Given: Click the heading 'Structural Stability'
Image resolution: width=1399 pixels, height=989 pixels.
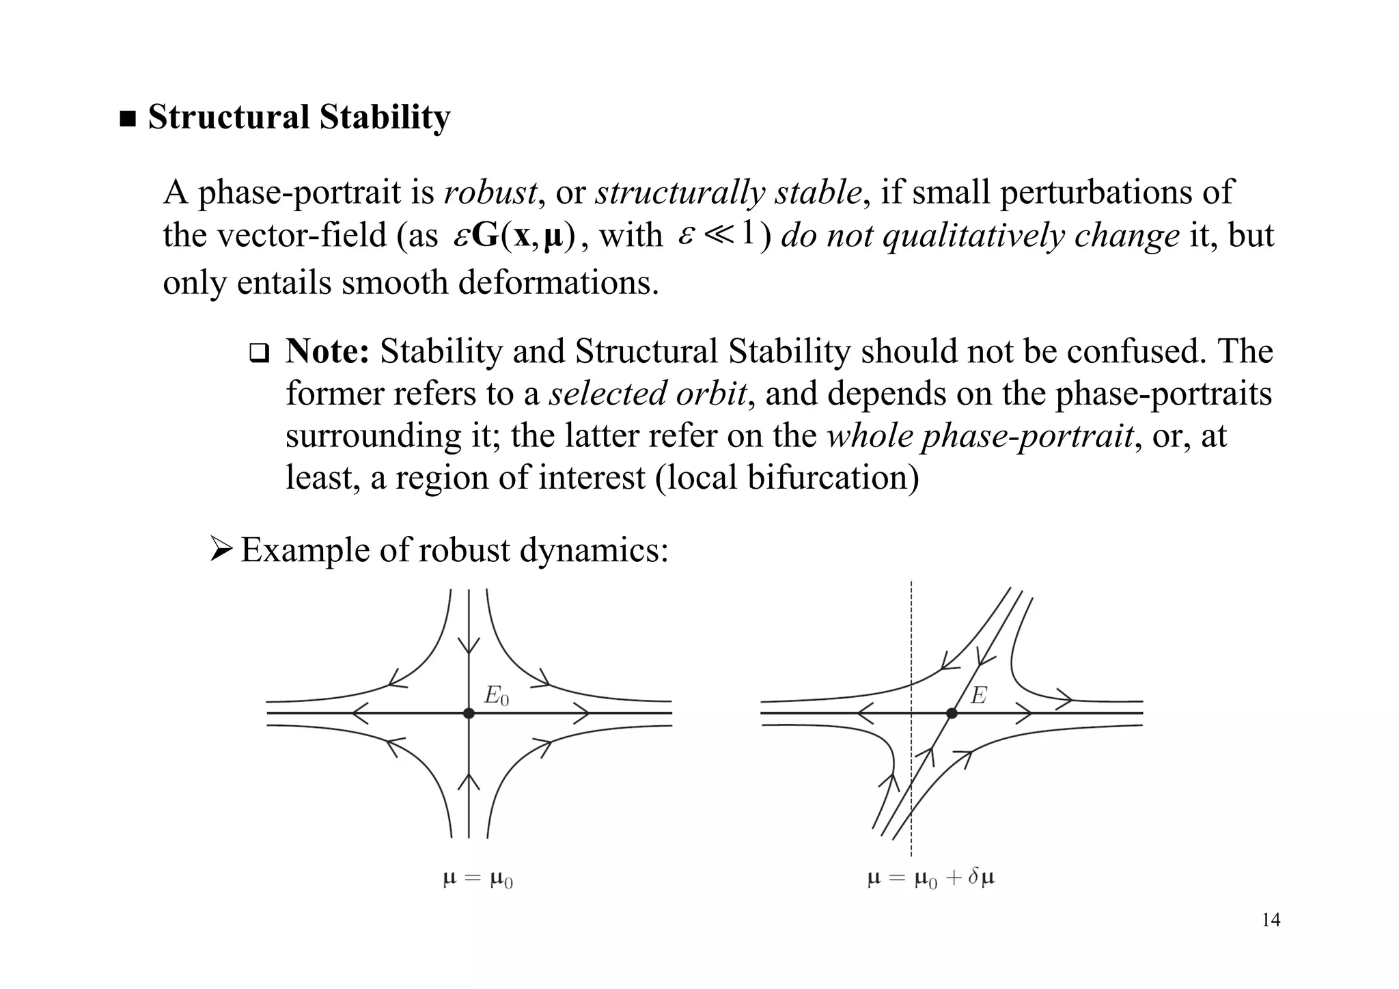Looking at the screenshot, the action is pos(299,117).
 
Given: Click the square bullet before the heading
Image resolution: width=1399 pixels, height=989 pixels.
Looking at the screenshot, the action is pos(128,120).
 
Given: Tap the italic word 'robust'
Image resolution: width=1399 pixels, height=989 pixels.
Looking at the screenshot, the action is pos(490,192).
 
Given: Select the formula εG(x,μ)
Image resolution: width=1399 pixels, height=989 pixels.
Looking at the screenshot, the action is pos(514,236).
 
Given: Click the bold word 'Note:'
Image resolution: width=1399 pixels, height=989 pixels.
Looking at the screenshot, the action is pos(327,351).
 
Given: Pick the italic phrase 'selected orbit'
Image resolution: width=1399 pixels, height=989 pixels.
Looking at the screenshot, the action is pos(648,394).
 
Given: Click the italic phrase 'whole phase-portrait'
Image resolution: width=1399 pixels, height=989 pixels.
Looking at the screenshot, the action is pos(980,435).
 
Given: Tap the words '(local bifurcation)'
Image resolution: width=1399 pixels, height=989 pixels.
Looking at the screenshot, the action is pos(787,477).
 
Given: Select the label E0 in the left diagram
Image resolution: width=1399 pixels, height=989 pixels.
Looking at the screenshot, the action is pos(497,696).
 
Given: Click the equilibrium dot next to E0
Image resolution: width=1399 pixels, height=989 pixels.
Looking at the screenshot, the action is pos(469,713).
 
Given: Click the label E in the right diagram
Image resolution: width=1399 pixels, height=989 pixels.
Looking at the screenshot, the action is pos(978,696).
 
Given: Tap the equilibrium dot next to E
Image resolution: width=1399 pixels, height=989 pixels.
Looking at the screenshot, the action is pos(952,713).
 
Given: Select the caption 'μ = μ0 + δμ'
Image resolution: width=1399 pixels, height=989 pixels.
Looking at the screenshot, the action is pos(930,878).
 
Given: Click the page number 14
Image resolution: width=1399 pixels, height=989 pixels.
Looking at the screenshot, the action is pos(1271,920).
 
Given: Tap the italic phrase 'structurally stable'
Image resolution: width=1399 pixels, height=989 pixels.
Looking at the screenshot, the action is pos(728,192).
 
